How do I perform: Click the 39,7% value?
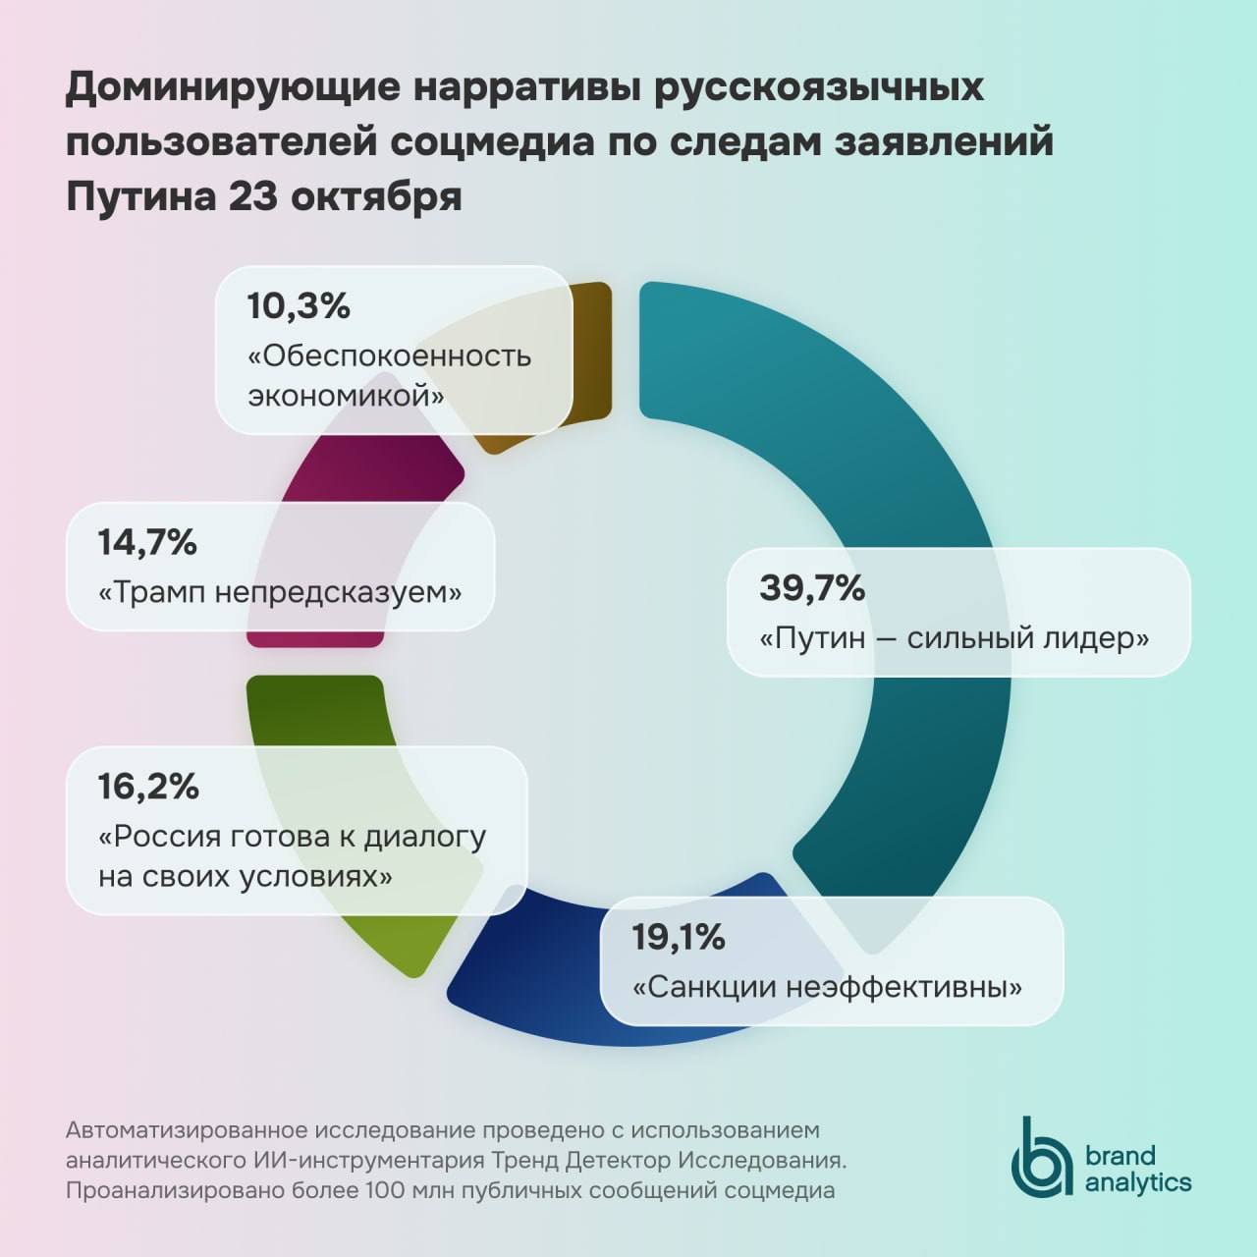coord(812,588)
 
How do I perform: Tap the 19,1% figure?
coord(678,937)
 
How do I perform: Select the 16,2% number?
coord(148,787)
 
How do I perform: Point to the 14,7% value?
coord(147,542)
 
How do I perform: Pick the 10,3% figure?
coord(299,306)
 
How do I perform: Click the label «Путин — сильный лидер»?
coord(954,638)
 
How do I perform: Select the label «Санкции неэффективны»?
coord(827,986)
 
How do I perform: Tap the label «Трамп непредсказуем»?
coord(280,592)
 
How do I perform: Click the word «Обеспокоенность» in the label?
coord(389,355)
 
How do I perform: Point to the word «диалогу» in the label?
coord(425,836)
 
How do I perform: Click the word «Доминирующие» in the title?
coord(234,87)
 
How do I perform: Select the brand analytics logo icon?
coord(1043,1156)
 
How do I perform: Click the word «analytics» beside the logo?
coord(1138,1182)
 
